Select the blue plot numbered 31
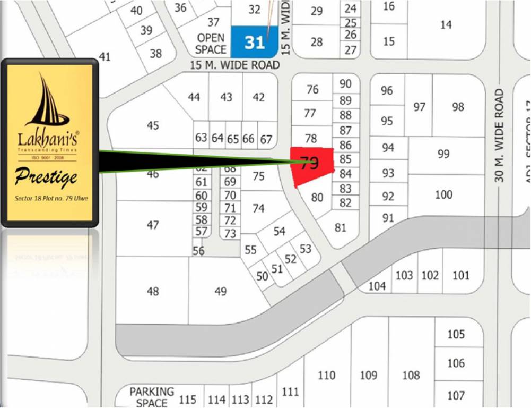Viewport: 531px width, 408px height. (x=255, y=42)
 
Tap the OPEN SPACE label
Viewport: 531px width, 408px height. (x=211, y=44)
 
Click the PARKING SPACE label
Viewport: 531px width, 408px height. (x=152, y=397)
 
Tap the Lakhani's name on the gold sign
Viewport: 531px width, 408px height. (x=47, y=140)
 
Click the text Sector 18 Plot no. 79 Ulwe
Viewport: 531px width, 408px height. (x=51, y=199)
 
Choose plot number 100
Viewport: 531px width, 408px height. (x=443, y=194)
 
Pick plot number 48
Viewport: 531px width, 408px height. (x=153, y=291)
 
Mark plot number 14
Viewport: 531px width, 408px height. (x=446, y=24)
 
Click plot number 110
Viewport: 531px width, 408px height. (x=326, y=375)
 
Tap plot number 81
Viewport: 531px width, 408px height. (x=341, y=227)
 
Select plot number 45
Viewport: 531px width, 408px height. (x=153, y=125)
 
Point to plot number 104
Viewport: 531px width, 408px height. (x=377, y=286)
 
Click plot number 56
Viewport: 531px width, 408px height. (x=198, y=251)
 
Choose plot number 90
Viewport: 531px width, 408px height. (x=345, y=83)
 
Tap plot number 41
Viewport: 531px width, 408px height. (x=105, y=56)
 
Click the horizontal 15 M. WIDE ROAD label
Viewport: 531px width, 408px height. (x=235, y=65)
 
